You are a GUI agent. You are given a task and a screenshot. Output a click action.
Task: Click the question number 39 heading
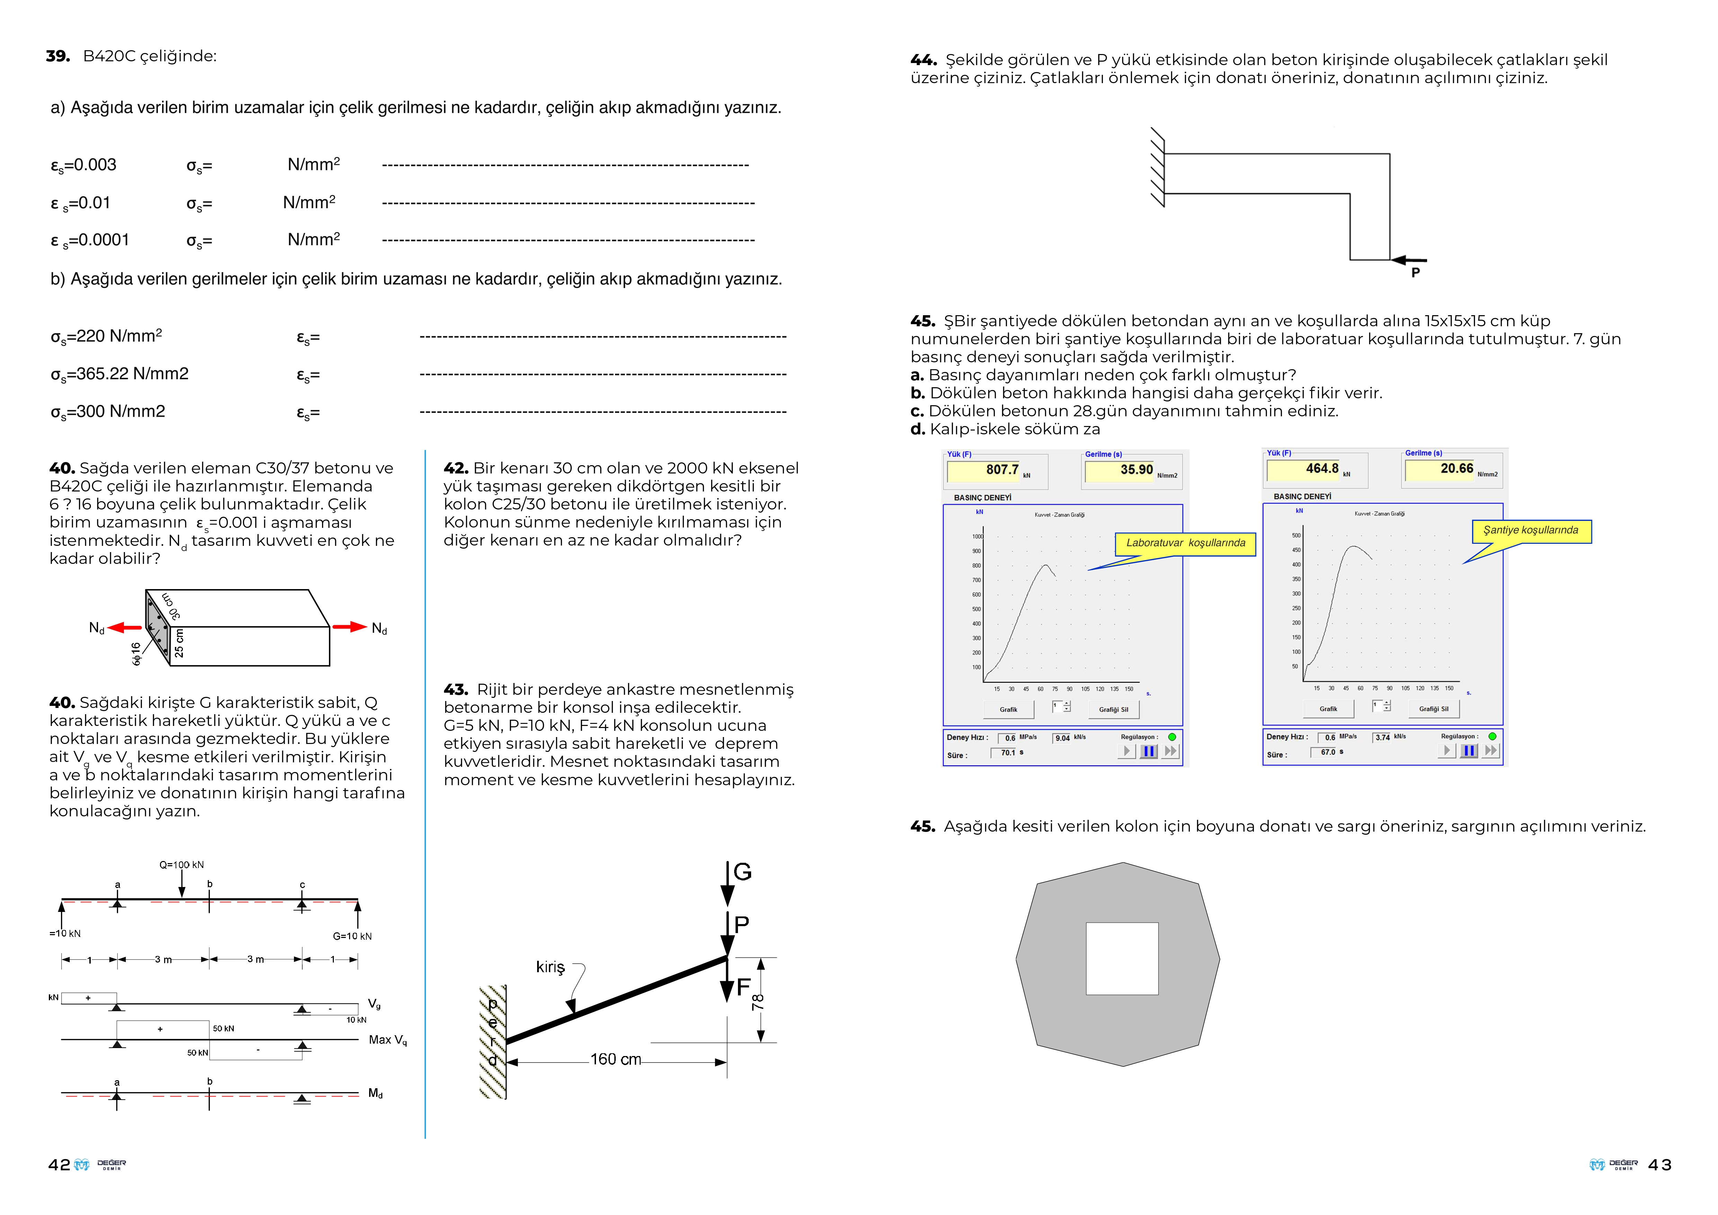(x=57, y=56)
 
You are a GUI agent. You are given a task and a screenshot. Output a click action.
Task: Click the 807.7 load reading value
(x=1002, y=470)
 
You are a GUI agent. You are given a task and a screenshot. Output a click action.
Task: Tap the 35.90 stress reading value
(x=1136, y=470)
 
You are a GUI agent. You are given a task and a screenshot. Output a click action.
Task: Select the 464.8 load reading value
(x=1321, y=468)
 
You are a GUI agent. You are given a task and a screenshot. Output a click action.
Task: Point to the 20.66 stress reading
(x=1456, y=468)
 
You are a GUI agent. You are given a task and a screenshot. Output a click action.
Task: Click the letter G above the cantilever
(x=742, y=872)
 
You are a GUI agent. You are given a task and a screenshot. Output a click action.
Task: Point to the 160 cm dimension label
(x=615, y=1059)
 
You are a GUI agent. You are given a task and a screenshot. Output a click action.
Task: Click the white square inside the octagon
(x=1122, y=958)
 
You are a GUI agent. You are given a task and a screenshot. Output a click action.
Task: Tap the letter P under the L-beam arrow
(x=1415, y=273)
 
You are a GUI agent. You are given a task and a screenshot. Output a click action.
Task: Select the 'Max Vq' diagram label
(x=388, y=1040)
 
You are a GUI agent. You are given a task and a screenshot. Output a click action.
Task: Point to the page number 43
(x=1659, y=1165)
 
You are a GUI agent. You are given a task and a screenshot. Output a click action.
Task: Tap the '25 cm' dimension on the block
(x=179, y=644)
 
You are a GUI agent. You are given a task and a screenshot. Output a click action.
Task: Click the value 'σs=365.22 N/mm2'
(x=120, y=374)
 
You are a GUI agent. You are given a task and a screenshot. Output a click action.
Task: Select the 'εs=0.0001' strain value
(x=90, y=240)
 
